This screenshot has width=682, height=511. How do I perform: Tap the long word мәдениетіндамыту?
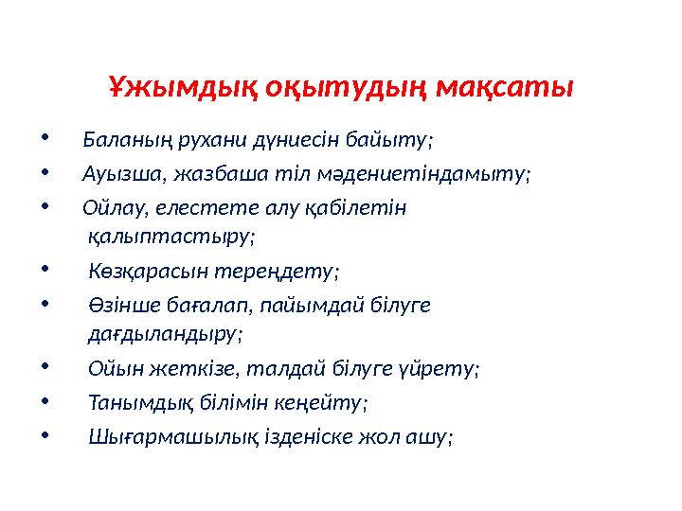[x=417, y=174]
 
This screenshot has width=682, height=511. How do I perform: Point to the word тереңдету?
[x=287, y=272]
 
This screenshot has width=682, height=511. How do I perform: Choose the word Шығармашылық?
[x=155, y=436]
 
